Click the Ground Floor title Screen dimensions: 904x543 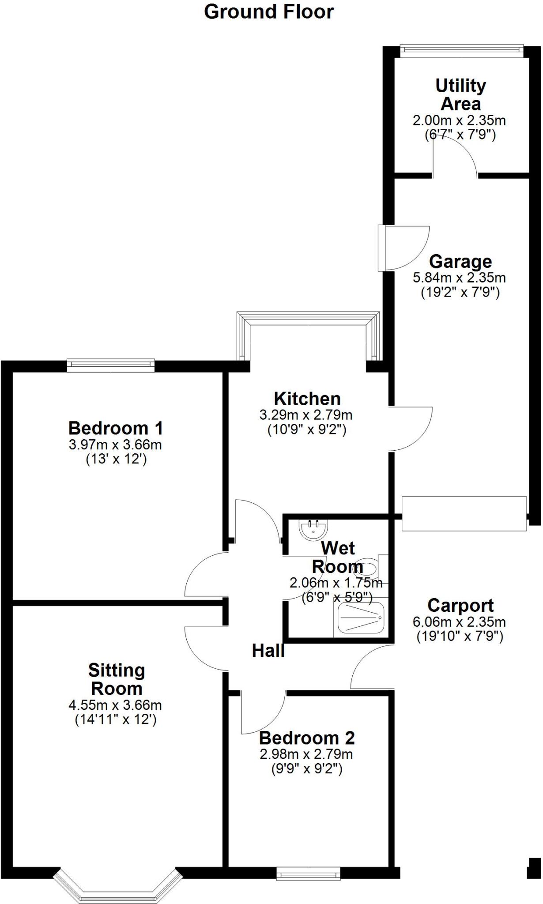[x=268, y=11]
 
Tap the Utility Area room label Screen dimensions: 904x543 [x=460, y=94]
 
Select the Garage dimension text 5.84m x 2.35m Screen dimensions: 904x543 [x=459, y=278]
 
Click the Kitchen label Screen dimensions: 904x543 [x=307, y=399]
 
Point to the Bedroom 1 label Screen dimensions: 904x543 [x=116, y=428]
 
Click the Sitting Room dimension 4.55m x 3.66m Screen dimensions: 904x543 [x=115, y=705]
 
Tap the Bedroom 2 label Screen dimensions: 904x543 [x=307, y=738]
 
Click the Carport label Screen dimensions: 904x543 [x=460, y=605]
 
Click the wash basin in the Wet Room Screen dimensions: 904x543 [x=313, y=528]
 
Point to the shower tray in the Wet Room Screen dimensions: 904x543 [x=361, y=618]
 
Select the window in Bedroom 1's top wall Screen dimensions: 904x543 [x=111, y=365]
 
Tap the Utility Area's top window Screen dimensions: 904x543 [x=461, y=50]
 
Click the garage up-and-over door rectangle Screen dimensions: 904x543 [x=464, y=513]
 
